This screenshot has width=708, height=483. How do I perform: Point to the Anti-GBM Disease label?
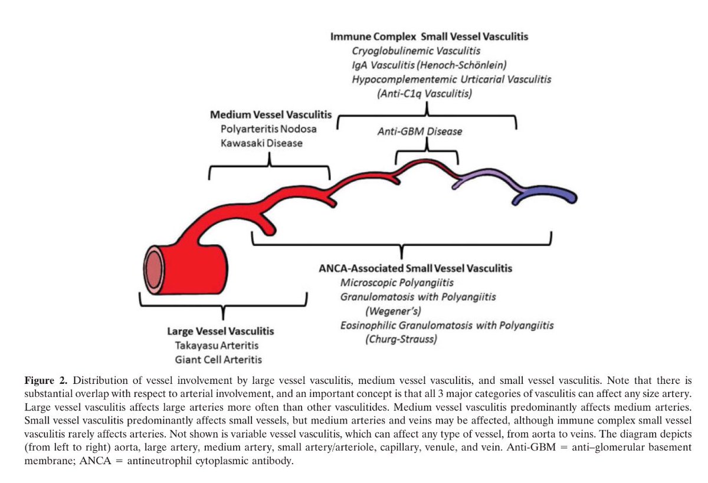pos(419,132)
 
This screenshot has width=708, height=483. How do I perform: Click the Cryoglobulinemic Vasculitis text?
pos(416,51)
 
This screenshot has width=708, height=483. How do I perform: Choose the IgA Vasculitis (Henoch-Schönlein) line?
pos(429,65)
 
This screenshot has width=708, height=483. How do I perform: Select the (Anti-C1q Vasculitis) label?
pos(423,93)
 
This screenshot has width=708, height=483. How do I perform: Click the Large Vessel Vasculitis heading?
pos(220,331)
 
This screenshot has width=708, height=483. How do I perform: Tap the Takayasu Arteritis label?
pos(217,346)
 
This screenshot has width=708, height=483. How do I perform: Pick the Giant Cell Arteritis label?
pos(218,359)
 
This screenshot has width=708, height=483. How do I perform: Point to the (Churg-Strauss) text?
pos(401,339)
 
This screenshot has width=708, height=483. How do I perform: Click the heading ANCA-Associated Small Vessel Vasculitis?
pos(415,268)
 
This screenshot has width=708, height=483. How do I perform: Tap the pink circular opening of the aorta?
pos(153,269)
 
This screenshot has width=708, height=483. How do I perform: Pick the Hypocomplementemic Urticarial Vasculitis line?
pos(451,79)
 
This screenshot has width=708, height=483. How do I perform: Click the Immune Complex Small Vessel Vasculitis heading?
pos(429,37)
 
